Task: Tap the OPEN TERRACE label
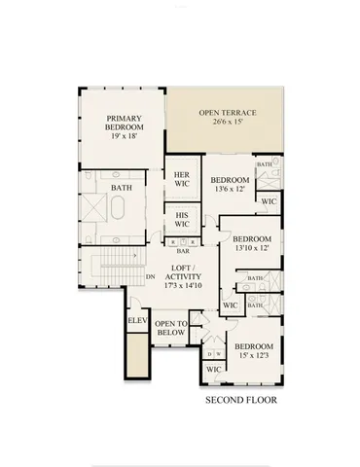click(x=225, y=114)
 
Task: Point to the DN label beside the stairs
click(x=150, y=276)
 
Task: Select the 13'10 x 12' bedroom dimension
click(x=251, y=248)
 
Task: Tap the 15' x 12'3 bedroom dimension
click(x=252, y=357)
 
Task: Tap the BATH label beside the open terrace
click(x=265, y=165)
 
